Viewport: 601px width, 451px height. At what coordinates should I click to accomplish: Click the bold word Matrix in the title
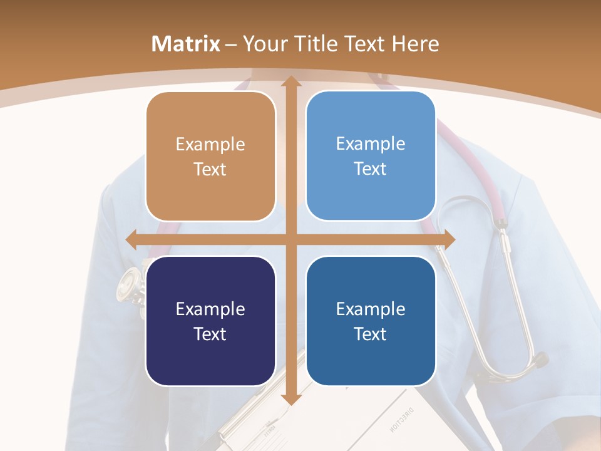click(186, 44)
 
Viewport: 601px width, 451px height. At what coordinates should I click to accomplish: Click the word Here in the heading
click(416, 44)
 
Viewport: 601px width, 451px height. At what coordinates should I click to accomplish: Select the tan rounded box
click(210, 157)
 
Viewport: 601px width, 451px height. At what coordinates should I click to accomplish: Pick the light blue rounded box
click(371, 156)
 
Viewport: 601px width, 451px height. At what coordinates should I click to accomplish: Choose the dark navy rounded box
click(210, 321)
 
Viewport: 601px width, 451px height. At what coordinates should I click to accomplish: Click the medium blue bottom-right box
click(371, 321)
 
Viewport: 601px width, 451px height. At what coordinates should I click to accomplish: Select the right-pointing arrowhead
click(448, 239)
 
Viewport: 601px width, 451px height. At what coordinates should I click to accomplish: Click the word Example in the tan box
click(210, 145)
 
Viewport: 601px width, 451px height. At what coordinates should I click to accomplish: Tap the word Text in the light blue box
click(371, 169)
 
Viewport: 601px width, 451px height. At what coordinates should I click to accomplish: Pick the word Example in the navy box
click(210, 309)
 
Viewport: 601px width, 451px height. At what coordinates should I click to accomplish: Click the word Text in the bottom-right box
click(371, 334)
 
